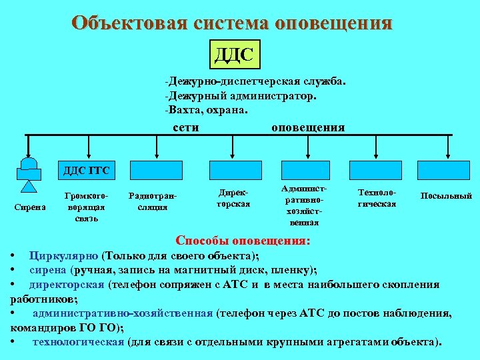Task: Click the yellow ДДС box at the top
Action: (x=235, y=54)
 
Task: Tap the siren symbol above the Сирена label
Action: (x=29, y=174)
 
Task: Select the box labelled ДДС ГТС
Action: (x=86, y=171)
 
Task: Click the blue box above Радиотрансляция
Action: (x=152, y=171)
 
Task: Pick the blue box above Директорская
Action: (x=230, y=171)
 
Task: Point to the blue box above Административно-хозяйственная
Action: (x=305, y=171)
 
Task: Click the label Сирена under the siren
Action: (x=29, y=207)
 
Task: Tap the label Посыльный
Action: (x=446, y=195)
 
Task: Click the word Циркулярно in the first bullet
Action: (x=64, y=255)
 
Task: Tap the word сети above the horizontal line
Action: (x=185, y=127)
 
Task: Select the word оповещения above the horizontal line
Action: (x=308, y=127)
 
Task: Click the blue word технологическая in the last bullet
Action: (x=78, y=341)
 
